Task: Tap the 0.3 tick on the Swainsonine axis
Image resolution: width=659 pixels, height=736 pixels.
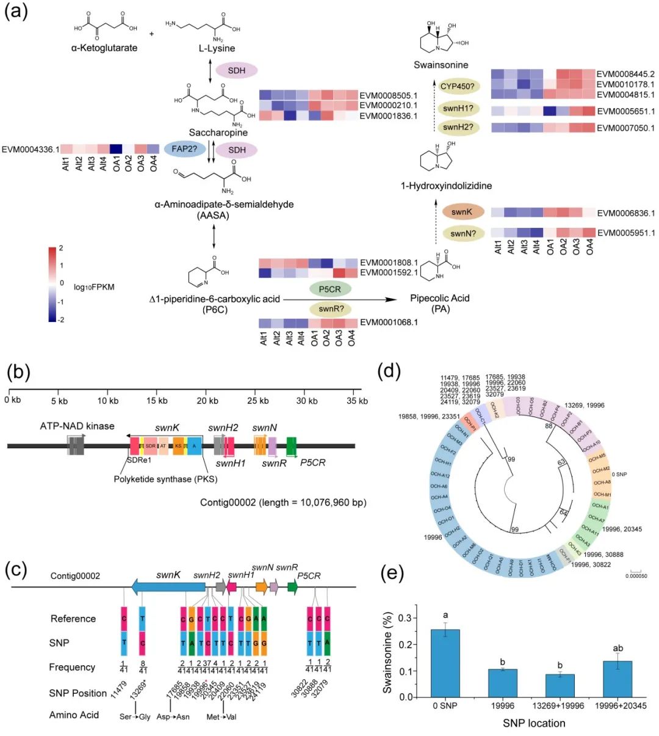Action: pos(417,618)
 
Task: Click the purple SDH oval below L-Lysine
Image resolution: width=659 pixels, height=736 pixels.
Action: pos(237,71)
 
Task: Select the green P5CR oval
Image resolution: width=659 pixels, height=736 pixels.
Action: pos(329,288)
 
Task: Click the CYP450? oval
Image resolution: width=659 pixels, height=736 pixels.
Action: pos(457,86)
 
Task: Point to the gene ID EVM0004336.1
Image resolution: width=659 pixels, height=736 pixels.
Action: pos(31,149)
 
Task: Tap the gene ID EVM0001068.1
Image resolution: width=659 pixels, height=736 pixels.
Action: pos(389,322)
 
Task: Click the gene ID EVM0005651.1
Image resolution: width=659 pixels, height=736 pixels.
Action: pos(625,111)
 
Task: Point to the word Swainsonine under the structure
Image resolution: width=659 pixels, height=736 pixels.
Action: pos(441,65)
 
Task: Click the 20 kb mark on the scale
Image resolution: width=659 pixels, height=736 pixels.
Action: pos(207,401)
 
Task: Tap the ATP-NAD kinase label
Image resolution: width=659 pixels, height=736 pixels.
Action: pos(77,426)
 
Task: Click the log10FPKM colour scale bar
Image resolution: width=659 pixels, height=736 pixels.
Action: pos(53,283)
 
